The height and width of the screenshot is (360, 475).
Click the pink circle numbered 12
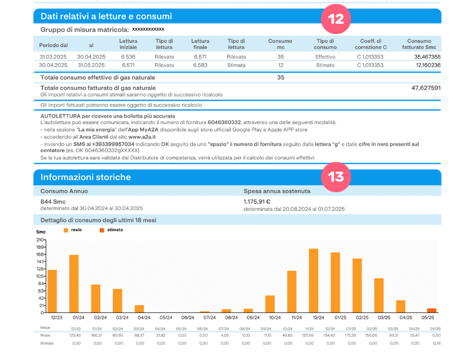336,18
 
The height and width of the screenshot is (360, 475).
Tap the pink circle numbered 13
336,176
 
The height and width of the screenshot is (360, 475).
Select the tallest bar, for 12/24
313,280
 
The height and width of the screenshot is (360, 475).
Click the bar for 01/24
74,283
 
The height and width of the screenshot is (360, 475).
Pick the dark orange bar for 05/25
432,310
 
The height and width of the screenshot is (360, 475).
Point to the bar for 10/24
270,304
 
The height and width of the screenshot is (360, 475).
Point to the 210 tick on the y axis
40,240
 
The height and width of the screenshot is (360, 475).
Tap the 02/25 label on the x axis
362,317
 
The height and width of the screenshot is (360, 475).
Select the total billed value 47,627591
425,88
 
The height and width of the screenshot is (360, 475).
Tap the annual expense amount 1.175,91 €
257,201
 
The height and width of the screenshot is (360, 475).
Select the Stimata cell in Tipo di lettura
236,65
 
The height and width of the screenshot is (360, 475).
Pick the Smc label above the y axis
41,232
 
